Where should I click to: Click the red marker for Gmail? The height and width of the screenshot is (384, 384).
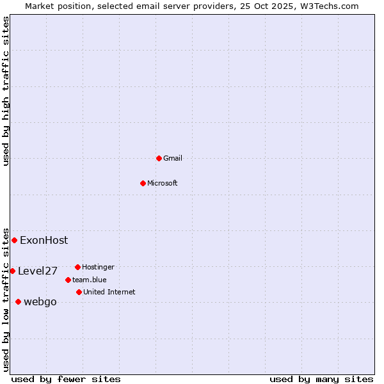(x=159, y=158)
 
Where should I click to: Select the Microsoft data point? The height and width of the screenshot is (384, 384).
(x=143, y=183)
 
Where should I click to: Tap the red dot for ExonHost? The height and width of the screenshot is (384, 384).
(x=14, y=240)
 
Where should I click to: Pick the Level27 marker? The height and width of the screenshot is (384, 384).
(x=12, y=271)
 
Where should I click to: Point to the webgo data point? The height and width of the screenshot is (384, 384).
(x=18, y=301)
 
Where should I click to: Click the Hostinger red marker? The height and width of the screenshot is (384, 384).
(x=77, y=267)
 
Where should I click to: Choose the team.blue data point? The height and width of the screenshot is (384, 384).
(x=68, y=280)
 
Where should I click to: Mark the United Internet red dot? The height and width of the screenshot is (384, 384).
(x=79, y=292)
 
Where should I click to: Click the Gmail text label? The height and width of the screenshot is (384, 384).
(x=173, y=158)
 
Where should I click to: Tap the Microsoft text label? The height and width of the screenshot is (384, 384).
(x=163, y=183)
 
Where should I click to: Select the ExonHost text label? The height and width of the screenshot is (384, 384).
(x=44, y=241)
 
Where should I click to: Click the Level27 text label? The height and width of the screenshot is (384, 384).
(x=38, y=271)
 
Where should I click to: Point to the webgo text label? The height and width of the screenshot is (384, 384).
(x=40, y=302)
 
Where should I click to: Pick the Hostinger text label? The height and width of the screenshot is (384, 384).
(x=99, y=267)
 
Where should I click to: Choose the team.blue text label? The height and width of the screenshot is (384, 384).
(x=90, y=280)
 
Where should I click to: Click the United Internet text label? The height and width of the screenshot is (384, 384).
(x=109, y=292)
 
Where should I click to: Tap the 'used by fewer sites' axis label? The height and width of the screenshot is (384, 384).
(x=66, y=380)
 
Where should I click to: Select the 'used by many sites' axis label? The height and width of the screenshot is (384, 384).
(x=321, y=380)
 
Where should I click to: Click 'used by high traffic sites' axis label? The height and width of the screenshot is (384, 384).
(x=6, y=91)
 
